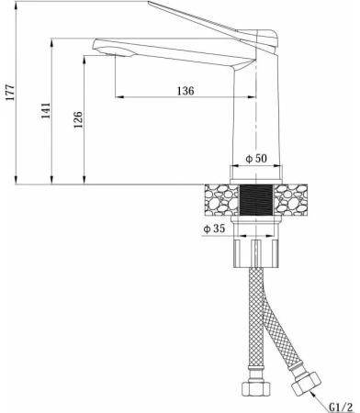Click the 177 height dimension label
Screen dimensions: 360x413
click(10, 93)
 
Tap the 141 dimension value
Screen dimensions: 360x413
click(46, 111)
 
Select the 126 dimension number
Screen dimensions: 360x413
click(78, 119)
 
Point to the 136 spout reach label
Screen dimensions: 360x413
click(186, 91)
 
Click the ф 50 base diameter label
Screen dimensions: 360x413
click(256, 159)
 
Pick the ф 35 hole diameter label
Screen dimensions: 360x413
click(214, 229)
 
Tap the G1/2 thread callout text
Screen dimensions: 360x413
click(341, 407)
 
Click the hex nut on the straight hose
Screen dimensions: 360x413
click(256, 388)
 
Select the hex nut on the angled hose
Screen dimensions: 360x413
click(306, 383)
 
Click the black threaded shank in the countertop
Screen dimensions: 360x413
click(256, 200)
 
